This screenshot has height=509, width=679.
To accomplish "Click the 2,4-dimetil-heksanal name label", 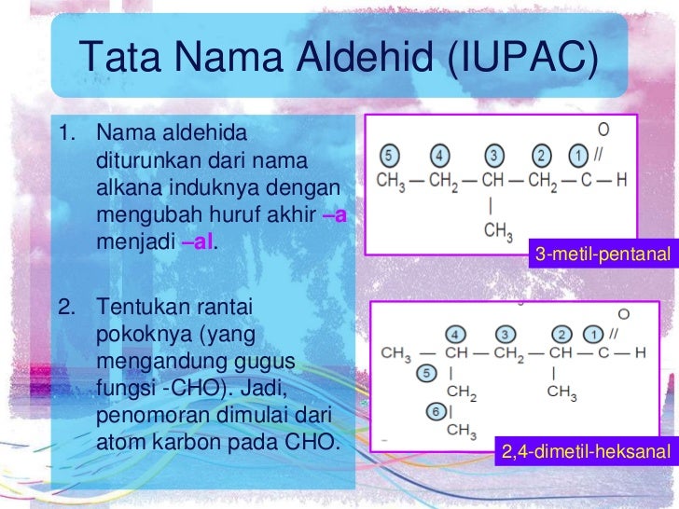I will (x=585, y=453).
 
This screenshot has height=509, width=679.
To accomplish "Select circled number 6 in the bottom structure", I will (x=434, y=409).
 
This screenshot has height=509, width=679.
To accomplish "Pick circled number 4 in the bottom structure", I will (x=456, y=333).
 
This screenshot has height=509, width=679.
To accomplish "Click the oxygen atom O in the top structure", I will (x=603, y=131).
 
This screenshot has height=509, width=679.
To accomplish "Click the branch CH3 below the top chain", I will (x=498, y=229).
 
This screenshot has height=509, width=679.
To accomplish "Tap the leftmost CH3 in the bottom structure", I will (x=395, y=354).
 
